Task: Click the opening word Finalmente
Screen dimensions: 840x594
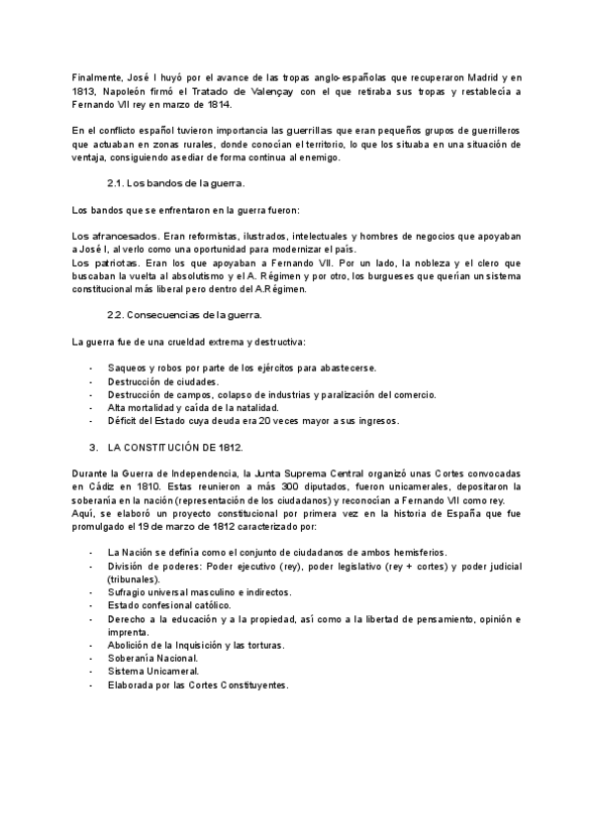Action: pos(98,76)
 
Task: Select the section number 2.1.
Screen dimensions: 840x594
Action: pos(115,184)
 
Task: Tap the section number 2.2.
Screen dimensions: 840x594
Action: pos(115,315)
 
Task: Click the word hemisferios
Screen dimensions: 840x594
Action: pos(412,552)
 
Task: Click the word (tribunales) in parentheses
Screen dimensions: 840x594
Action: pos(134,578)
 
